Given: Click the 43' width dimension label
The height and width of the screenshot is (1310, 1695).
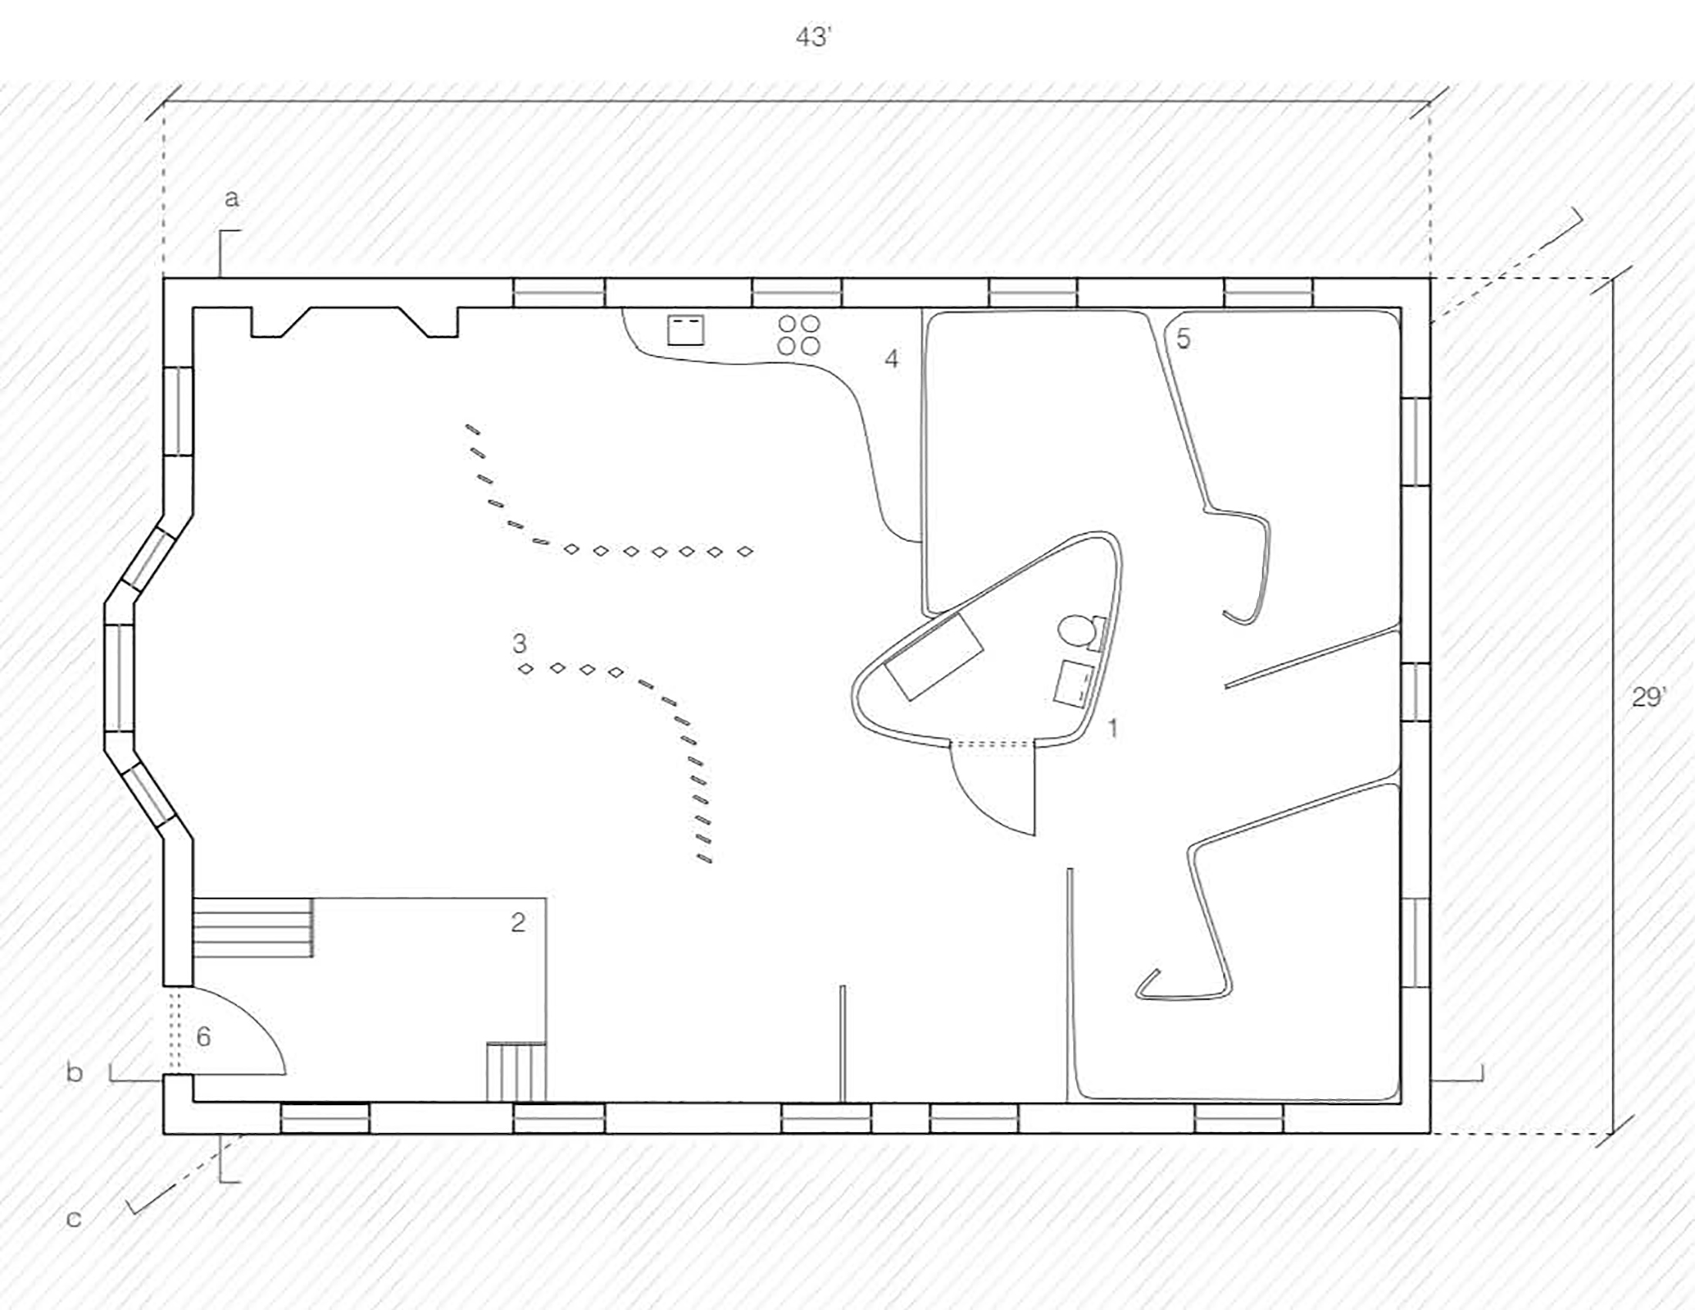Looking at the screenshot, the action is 814,38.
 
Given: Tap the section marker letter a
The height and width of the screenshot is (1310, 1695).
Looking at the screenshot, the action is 231,200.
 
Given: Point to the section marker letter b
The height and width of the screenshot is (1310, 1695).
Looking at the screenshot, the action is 75,1073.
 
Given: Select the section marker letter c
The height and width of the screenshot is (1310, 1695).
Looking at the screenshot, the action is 74,1218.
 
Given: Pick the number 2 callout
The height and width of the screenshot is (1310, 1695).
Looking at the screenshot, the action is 518,922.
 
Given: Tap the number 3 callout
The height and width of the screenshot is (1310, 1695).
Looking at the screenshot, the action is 519,643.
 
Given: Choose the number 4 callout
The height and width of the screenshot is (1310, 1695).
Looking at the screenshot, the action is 891,358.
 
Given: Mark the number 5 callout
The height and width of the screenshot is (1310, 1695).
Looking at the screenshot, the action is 1183,338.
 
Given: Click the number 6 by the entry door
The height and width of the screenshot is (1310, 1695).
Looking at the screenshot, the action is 203,1036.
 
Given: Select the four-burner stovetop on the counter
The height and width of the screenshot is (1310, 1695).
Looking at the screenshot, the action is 799,334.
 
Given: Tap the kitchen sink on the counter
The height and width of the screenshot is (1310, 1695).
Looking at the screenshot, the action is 686,330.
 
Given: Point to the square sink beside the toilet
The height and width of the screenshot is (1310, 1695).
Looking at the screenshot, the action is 1074,683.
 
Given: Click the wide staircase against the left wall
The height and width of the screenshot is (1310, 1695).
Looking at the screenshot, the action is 253,927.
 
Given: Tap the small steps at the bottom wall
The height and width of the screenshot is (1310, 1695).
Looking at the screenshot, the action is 516,1072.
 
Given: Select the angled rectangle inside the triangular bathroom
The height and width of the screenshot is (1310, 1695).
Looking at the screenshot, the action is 935,657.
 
